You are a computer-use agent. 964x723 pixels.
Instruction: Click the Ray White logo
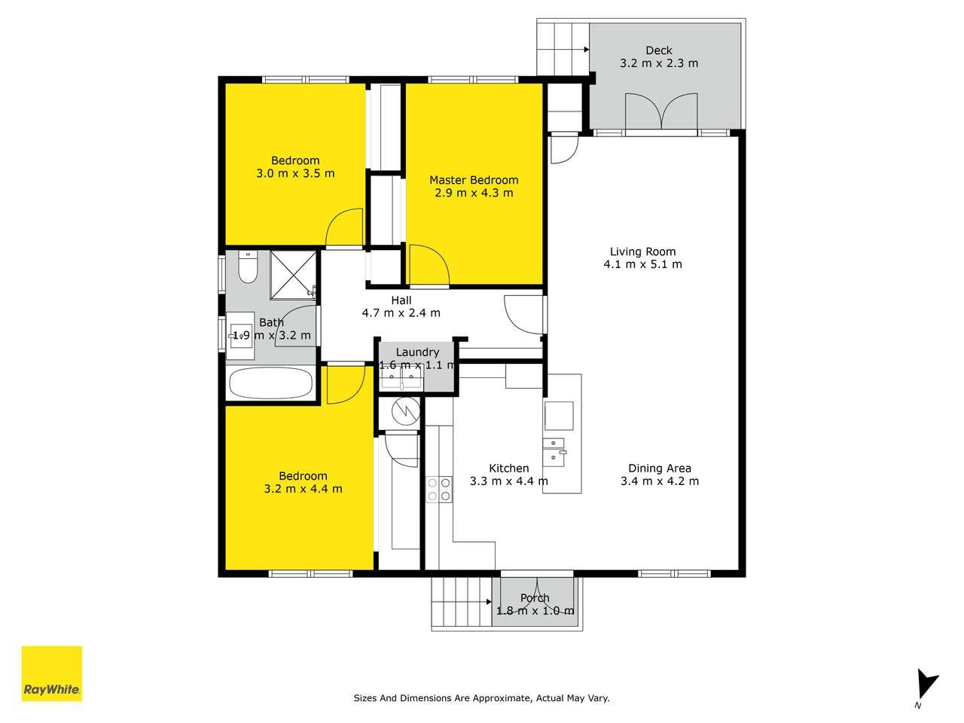pos(52,673)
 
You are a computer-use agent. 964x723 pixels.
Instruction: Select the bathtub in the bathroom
pos(271,383)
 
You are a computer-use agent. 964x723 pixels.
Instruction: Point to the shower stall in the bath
pos(293,275)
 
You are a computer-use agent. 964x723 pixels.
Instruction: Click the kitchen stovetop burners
pos(439,490)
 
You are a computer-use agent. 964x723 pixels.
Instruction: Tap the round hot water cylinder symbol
pos(405,412)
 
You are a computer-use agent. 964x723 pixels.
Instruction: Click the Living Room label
pos(642,252)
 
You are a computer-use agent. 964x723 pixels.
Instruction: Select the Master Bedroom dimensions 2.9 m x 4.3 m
pos(474,193)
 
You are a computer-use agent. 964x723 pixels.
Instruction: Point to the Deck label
pos(659,50)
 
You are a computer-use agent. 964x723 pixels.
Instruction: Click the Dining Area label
pos(660,468)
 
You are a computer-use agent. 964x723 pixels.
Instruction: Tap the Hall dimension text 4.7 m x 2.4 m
pos(401,313)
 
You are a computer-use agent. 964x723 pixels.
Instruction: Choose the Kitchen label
pos(509,468)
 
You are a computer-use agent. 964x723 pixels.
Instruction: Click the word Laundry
pos(417,352)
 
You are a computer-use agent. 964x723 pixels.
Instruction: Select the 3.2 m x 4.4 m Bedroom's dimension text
pos(303,489)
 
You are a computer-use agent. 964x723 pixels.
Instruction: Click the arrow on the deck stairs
pos(586,50)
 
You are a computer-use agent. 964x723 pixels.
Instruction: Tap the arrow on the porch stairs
pos(489,602)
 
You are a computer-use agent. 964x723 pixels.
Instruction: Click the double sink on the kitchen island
pos(555,452)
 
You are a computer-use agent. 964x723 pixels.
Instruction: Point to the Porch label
pos(535,598)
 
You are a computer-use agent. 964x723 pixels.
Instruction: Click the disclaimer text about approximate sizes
pos(482,698)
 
